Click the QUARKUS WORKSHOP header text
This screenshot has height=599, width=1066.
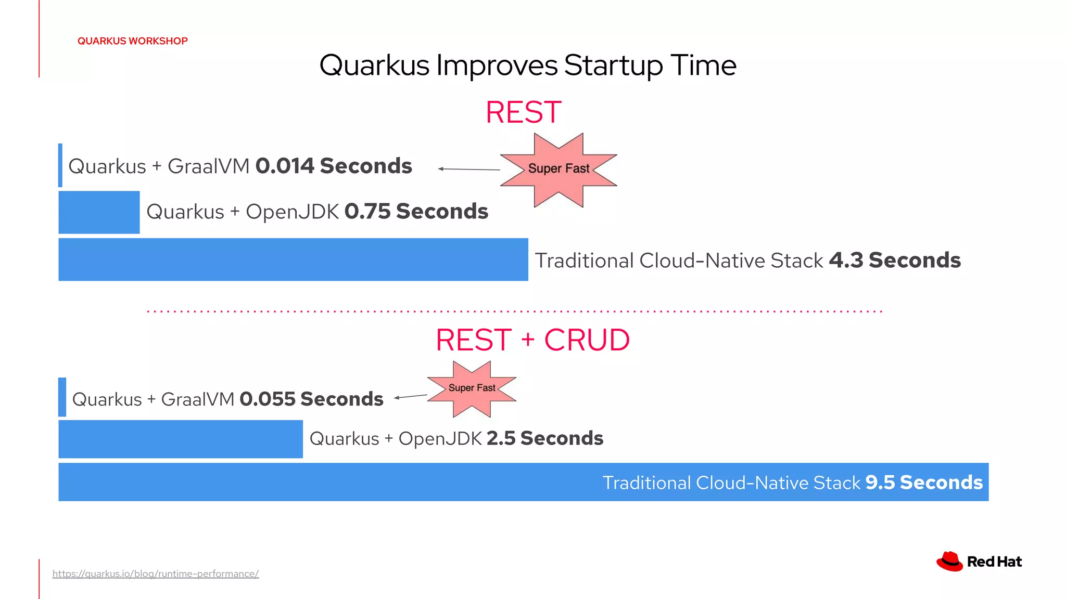coord(132,41)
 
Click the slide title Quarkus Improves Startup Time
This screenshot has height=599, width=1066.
coord(527,66)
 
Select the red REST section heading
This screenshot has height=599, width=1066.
coord(523,112)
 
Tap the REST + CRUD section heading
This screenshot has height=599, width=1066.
coord(532,340)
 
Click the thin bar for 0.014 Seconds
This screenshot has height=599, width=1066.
coord(60,165)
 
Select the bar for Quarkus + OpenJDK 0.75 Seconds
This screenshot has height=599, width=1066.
coord(99,212)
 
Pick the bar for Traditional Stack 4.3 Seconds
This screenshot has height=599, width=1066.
coord(293,259)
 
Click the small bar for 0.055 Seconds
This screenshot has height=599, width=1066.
coord(62,397)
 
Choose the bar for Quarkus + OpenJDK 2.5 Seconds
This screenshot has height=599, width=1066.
coord(180,439)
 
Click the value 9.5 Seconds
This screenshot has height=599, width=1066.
coord(924,483)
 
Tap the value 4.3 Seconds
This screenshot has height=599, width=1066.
coord(894,260)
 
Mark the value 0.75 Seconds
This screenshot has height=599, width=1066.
coord(416,212)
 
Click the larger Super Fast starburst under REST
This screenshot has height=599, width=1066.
coord(559,170)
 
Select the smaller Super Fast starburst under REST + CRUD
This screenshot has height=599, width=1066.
coord(472,389)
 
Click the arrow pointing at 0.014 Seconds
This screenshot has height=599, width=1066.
coord(468,169)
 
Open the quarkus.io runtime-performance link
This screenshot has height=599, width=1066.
coord(156,574)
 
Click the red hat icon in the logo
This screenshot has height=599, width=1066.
coord(949,562)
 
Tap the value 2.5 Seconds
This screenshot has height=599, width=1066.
coord(544,438)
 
